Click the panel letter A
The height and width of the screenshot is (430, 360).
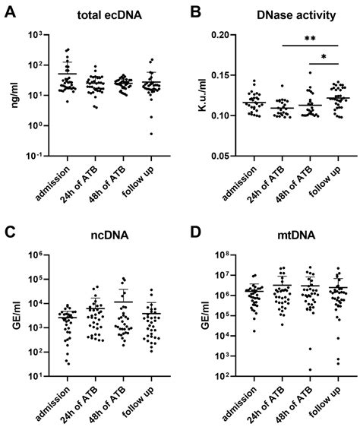point(9,11)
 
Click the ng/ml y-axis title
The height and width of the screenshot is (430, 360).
point(13,94)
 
